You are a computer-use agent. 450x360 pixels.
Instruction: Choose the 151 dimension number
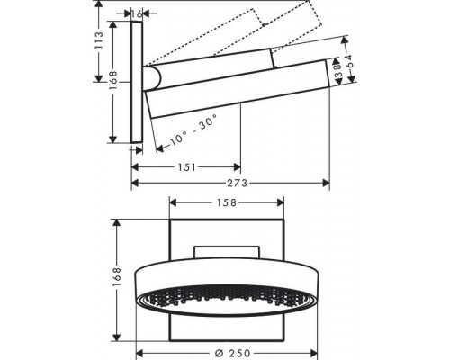[x=186, y=166]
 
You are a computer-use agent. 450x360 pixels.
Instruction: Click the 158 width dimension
[x=225, y=203]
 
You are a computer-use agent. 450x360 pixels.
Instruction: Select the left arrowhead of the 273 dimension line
[x=136, y=182]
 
